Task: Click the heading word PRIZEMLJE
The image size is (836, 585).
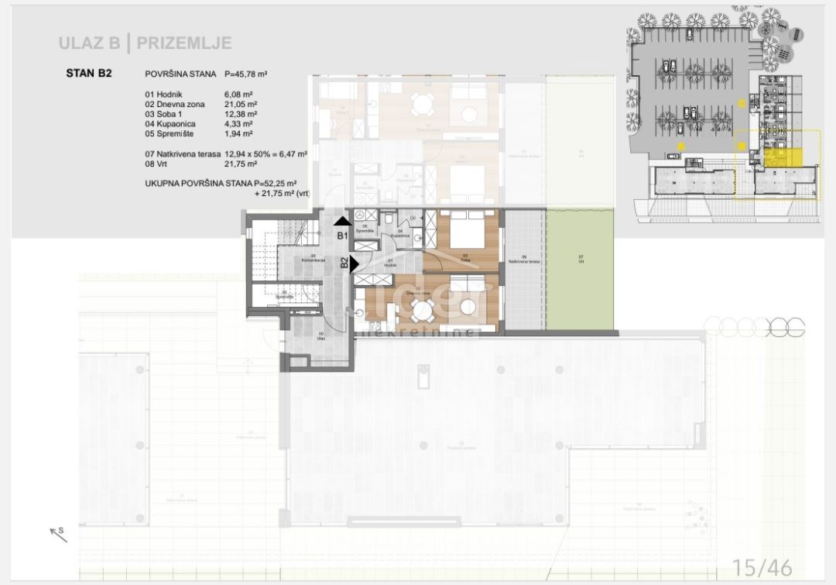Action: pyautogui.click(x=184, y=43)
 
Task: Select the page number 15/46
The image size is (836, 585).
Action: pyautogui.click(x=762, y=567)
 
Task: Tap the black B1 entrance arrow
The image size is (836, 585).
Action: pyautogui.click(x=341, y=222)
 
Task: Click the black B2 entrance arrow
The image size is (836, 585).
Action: pyautogui.click(x=354, y=263)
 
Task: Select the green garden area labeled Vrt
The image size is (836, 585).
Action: pyautogui.click(x=580, y=268)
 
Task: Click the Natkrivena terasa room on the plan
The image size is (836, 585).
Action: pyautogui.click(x=523, y=268)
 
